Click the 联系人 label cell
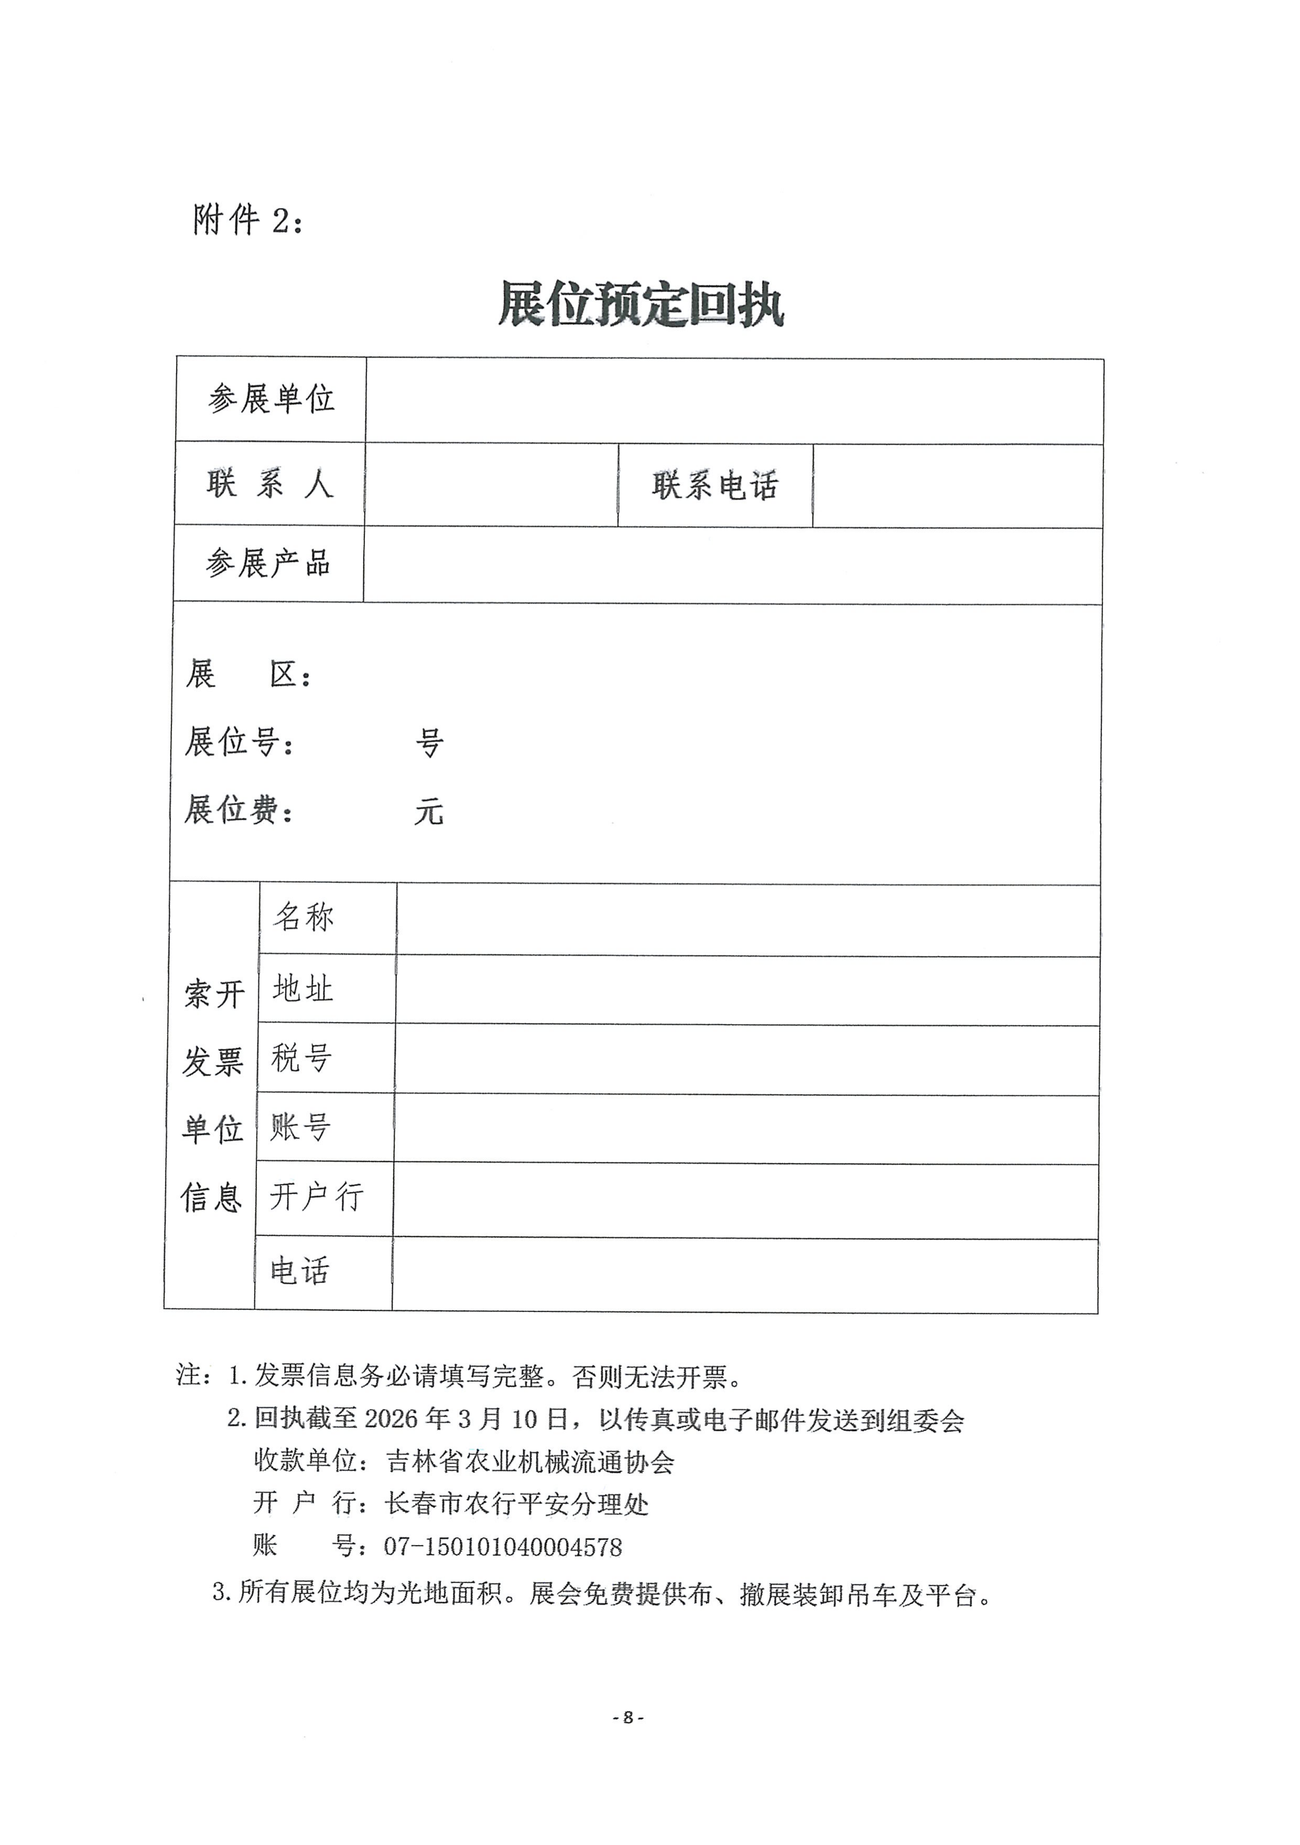pos(270,484)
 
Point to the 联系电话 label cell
pos(715,485)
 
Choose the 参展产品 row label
pos(268,563)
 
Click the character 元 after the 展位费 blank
pos(429,812)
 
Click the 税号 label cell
pos(301,1057)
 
